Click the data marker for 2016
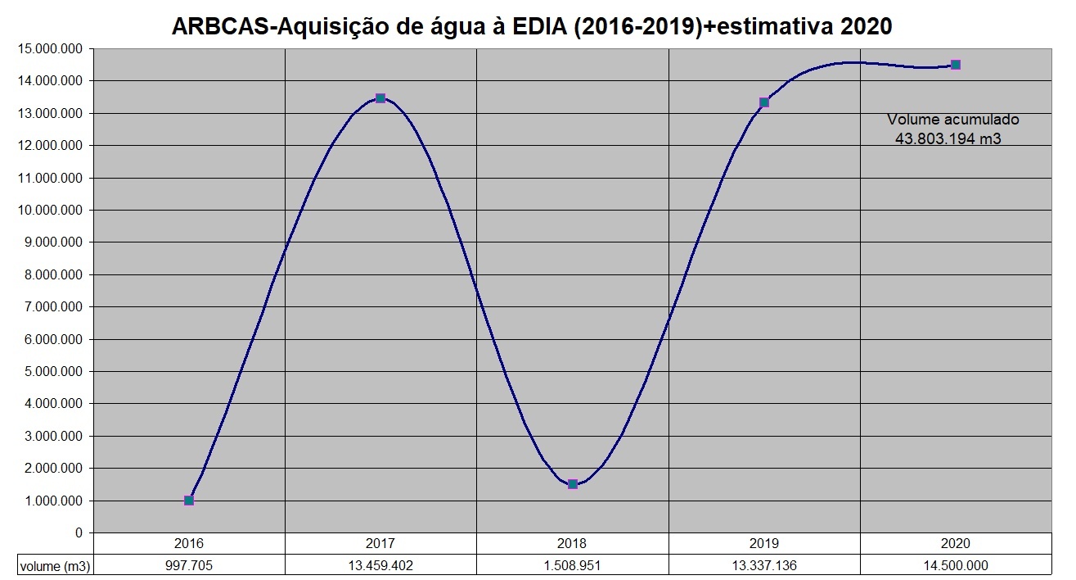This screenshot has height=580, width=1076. [189, 500]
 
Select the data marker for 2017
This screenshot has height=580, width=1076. [380, 98]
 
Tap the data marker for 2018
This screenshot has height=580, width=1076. [573, 484]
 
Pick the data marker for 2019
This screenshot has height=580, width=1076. [764, 102]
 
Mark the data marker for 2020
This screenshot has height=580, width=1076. [956, 65]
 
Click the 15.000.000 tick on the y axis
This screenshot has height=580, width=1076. [49, 48]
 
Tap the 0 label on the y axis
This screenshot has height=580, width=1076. [79, 532]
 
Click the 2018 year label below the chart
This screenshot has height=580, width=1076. [572, 543]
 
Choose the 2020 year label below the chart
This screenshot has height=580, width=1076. [956, 543]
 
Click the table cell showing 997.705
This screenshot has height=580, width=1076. [189, 565]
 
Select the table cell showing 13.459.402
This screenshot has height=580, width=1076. [380, 565]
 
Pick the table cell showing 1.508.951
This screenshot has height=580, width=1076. [572, 565]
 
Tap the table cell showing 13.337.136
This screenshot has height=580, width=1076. [764, 565]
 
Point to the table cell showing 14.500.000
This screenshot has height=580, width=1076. [956, 565]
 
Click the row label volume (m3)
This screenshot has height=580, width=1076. [55, 565]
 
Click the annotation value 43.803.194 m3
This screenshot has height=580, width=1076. [948, 139]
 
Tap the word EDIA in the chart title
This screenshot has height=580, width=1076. [543, 26]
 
